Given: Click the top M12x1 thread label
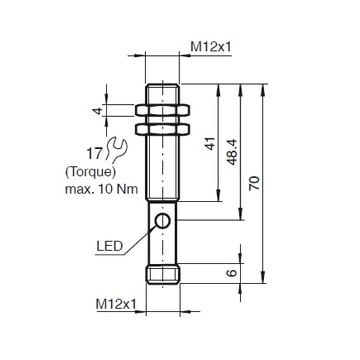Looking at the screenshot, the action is pos(210,47).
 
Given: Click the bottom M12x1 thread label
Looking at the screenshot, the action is pos(116,304).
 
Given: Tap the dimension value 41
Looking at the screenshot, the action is pos(210,143).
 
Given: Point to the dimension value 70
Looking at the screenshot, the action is pos(255,183).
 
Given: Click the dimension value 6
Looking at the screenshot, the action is pos(232,273).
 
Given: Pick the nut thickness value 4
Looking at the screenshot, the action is pos(97,110).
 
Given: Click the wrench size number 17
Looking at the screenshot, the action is pos(94,154).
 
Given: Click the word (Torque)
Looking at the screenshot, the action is pos(90,172).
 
